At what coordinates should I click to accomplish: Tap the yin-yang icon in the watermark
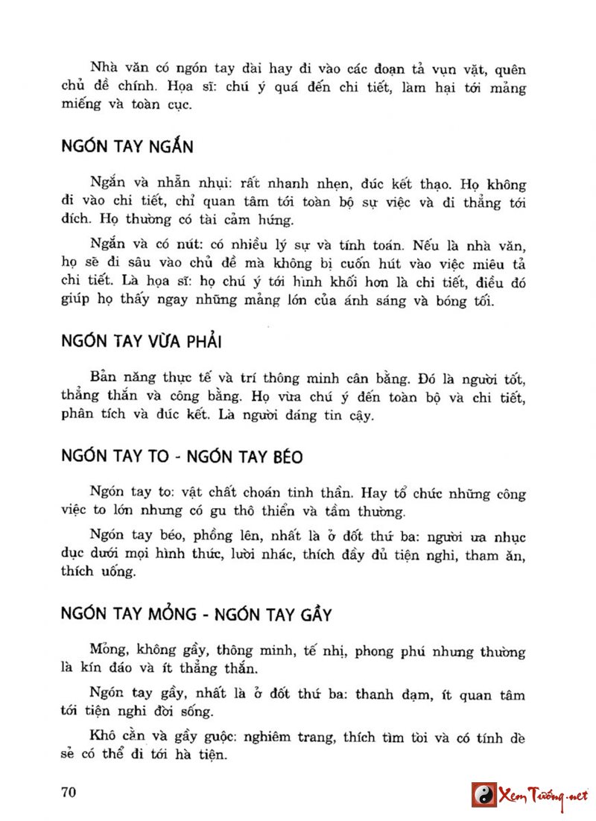[484, 794]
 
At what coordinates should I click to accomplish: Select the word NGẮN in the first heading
[170, 145]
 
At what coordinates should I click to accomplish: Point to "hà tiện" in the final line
[203, 755]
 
